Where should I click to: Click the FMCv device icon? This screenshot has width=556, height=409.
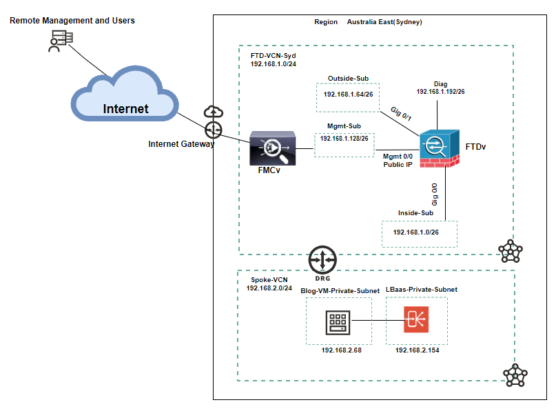[271, 148]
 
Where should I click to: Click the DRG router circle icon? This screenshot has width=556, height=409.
[322, 259]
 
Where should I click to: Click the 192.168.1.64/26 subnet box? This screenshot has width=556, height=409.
[348, 94]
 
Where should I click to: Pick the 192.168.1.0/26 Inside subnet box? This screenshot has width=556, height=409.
[418, 232]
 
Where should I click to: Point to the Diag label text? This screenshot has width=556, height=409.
[441, 84]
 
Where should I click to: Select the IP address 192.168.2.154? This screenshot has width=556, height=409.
[417, 350]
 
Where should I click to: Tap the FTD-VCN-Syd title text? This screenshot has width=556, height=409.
[273, 53]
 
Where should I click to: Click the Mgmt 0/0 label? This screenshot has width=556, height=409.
[398, 157]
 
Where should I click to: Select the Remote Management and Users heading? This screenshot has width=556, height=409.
[72, 21]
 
